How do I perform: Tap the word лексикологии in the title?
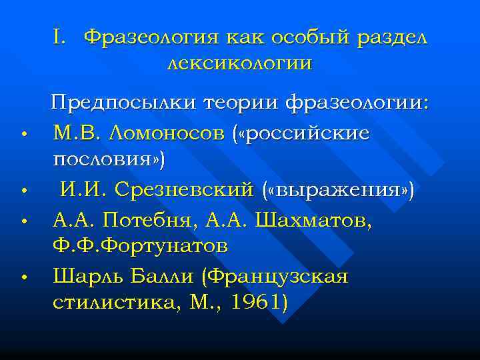pos(239,64)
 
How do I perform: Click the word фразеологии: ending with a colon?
pos(358,104)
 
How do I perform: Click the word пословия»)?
pos(109,161)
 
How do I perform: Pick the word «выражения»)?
pos(339,190)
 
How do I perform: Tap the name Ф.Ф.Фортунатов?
pos(140,246)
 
